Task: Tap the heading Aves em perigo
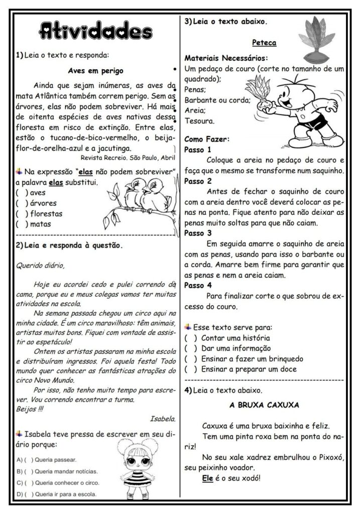[95, 70]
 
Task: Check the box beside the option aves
[21, 192]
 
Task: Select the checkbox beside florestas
[21, 213]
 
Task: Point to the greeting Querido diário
[40, 265]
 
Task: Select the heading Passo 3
[198, 233]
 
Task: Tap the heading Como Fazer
[207, 139]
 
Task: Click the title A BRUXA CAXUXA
[264, 404]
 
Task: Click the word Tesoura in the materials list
[200, 121]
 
